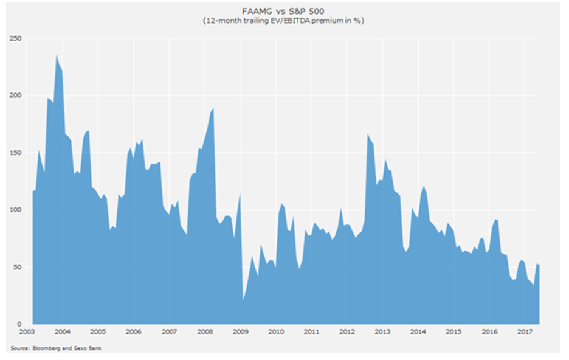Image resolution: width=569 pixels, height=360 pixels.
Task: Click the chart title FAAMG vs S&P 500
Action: click(285, 10)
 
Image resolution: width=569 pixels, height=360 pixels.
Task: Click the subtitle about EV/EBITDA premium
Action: click(285, 21)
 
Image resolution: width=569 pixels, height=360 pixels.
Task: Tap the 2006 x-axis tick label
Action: click(134, 333)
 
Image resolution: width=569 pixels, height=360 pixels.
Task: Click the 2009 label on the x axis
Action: click(241, 333)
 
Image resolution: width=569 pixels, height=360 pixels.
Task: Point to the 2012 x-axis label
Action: click(347, 333)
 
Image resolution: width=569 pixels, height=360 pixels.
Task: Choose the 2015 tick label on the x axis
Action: click(453, 333)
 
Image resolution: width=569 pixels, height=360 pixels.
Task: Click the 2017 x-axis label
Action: click(525, 333)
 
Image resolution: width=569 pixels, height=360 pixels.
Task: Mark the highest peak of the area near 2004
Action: click(57, 55)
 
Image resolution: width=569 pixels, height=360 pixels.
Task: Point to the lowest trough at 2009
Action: click(243, 300)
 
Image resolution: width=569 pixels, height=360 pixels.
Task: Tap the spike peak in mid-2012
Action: click(368, 134)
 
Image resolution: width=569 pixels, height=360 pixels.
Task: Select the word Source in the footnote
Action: click(18, 348)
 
